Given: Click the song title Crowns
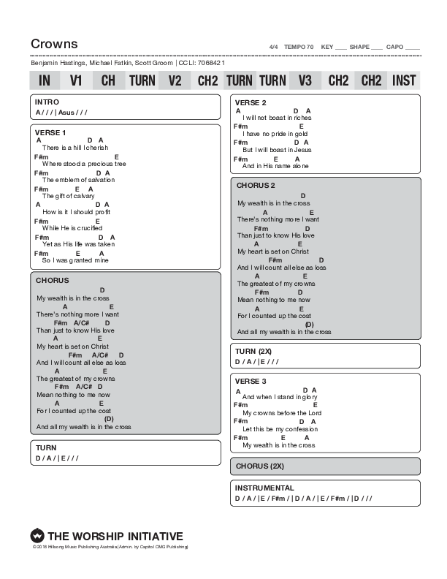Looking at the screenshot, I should (54, 44).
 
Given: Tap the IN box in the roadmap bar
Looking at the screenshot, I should (45, 80).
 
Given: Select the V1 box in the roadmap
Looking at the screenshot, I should (76, 80).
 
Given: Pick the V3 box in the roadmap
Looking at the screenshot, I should (305, 80).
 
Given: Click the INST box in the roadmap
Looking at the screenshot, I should (404, 80).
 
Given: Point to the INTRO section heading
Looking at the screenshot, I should (47, 102).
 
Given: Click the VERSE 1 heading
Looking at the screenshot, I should (51, 132).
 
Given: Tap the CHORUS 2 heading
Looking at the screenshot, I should (255, 185).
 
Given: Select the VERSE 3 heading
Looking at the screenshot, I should (251, 381).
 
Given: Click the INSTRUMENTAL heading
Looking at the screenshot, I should (264, 488).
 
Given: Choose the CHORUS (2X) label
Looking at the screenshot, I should (259, 466).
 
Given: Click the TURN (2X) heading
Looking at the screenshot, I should (253, 351).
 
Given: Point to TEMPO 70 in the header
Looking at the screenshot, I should (299, 47).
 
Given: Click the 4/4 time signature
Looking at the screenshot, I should (274, 47).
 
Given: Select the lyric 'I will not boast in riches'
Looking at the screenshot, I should (277, 118).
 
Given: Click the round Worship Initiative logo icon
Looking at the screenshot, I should (37, 536).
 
